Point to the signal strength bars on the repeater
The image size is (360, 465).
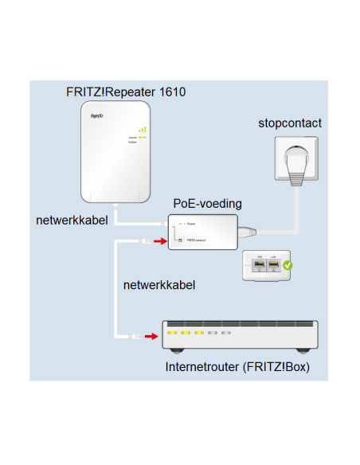(x=142, y=129)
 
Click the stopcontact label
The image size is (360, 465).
(x=290, y=123)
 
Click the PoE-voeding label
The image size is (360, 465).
(x=207, y=205)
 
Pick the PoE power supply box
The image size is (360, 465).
(x=204, y=232)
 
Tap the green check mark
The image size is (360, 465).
(x=288, y=266)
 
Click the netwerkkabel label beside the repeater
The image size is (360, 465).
(x=72, y=218)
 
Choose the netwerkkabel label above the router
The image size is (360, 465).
(x=159, y=284)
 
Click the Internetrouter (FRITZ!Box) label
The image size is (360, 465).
(x=237, y=367)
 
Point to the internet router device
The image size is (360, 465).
(x=240, y=335)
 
